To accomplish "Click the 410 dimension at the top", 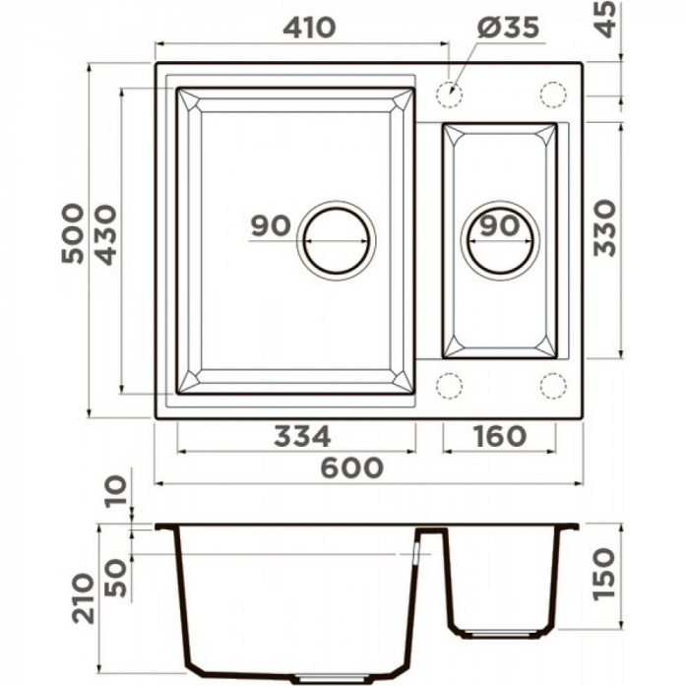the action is pos(309,28).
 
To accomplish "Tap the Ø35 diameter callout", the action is pos(508,28).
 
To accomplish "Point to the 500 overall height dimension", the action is pos(72,233).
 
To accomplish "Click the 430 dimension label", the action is pos(106,235).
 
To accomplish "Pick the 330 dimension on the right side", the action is pos(604,227).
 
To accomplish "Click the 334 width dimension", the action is pos(302,436).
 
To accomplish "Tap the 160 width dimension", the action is pos(500,436).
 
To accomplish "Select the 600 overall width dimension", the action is pos(352,468).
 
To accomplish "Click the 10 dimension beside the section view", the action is pos(116,491).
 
